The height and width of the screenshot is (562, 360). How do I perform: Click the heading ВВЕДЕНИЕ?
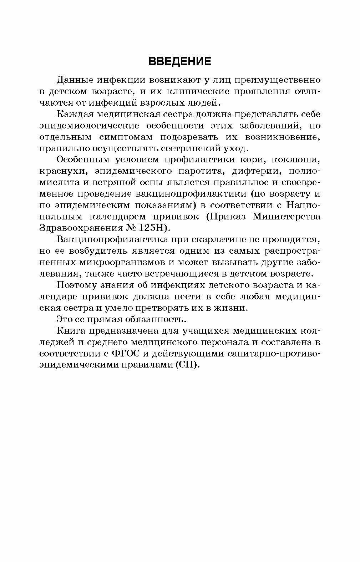(x=180, y=61)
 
